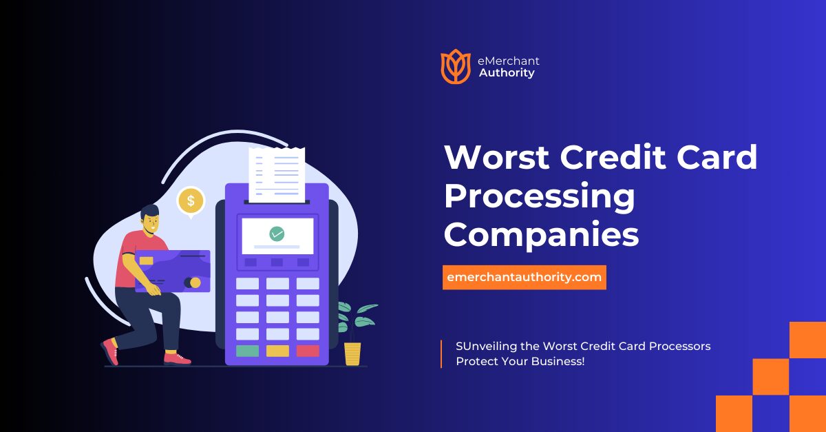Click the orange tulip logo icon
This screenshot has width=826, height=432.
pyautogui.click(x=455, y=66)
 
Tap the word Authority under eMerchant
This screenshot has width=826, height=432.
pyautogui.click(x=507, y=73)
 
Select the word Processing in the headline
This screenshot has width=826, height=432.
pyautogui.click(x=539, y=196)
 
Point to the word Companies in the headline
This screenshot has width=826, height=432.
pyautogui.click(x=541, y=234)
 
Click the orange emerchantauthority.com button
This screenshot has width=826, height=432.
pyautogui.click(x=525, y=277)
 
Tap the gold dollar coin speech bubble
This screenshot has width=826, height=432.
pyautogui.click(x=191, y=201)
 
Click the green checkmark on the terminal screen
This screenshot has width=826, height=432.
pyautogui.click(x=277, y=234)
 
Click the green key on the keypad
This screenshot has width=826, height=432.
pyautogui.click(x=247, y=351)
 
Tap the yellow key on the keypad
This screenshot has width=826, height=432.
pyautogui.click(x=277, y=351)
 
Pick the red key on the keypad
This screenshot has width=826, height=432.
pyautogui.click(x=308, y=351)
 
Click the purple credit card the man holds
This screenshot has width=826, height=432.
pyautogui.click(x=172, y=271)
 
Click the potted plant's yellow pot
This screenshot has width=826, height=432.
pyautogui.click(x=352, y=353)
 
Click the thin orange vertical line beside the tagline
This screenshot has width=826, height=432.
pyautogui.click(x=441, y=353)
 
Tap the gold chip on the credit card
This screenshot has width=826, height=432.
pyautogui.click(x=146, y=260)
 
